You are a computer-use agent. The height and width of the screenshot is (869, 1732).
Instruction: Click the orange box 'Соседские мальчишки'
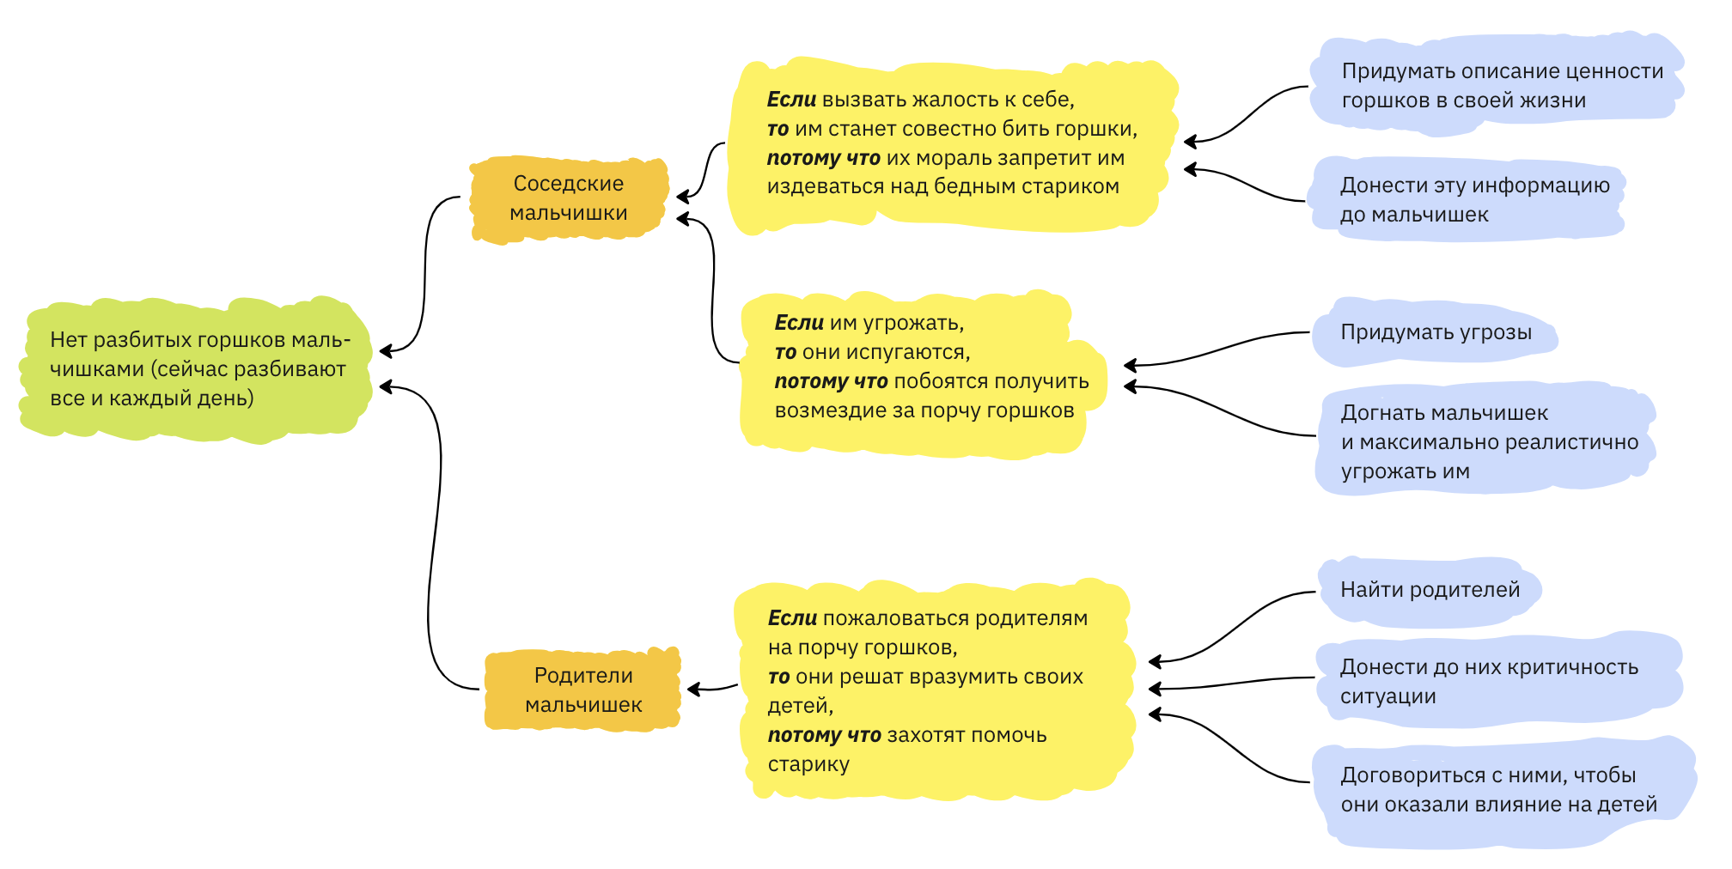tap(569, 198)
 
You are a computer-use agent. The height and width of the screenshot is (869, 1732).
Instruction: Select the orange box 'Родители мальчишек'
tap(583, 690)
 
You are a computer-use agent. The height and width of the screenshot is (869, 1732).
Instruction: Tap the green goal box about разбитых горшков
tap(198, 369)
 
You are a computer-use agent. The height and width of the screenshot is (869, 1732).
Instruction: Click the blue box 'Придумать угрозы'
tap(1436, 332)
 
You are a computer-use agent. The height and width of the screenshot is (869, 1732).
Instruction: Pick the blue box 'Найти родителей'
tap(1430, 590)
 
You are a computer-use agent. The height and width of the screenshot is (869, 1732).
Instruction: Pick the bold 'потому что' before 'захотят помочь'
tap(824, 735)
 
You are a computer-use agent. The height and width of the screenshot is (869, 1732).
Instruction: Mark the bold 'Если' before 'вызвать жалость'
tap(791, 100)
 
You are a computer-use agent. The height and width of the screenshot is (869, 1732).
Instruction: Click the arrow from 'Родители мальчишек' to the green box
tap(434, 532)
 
